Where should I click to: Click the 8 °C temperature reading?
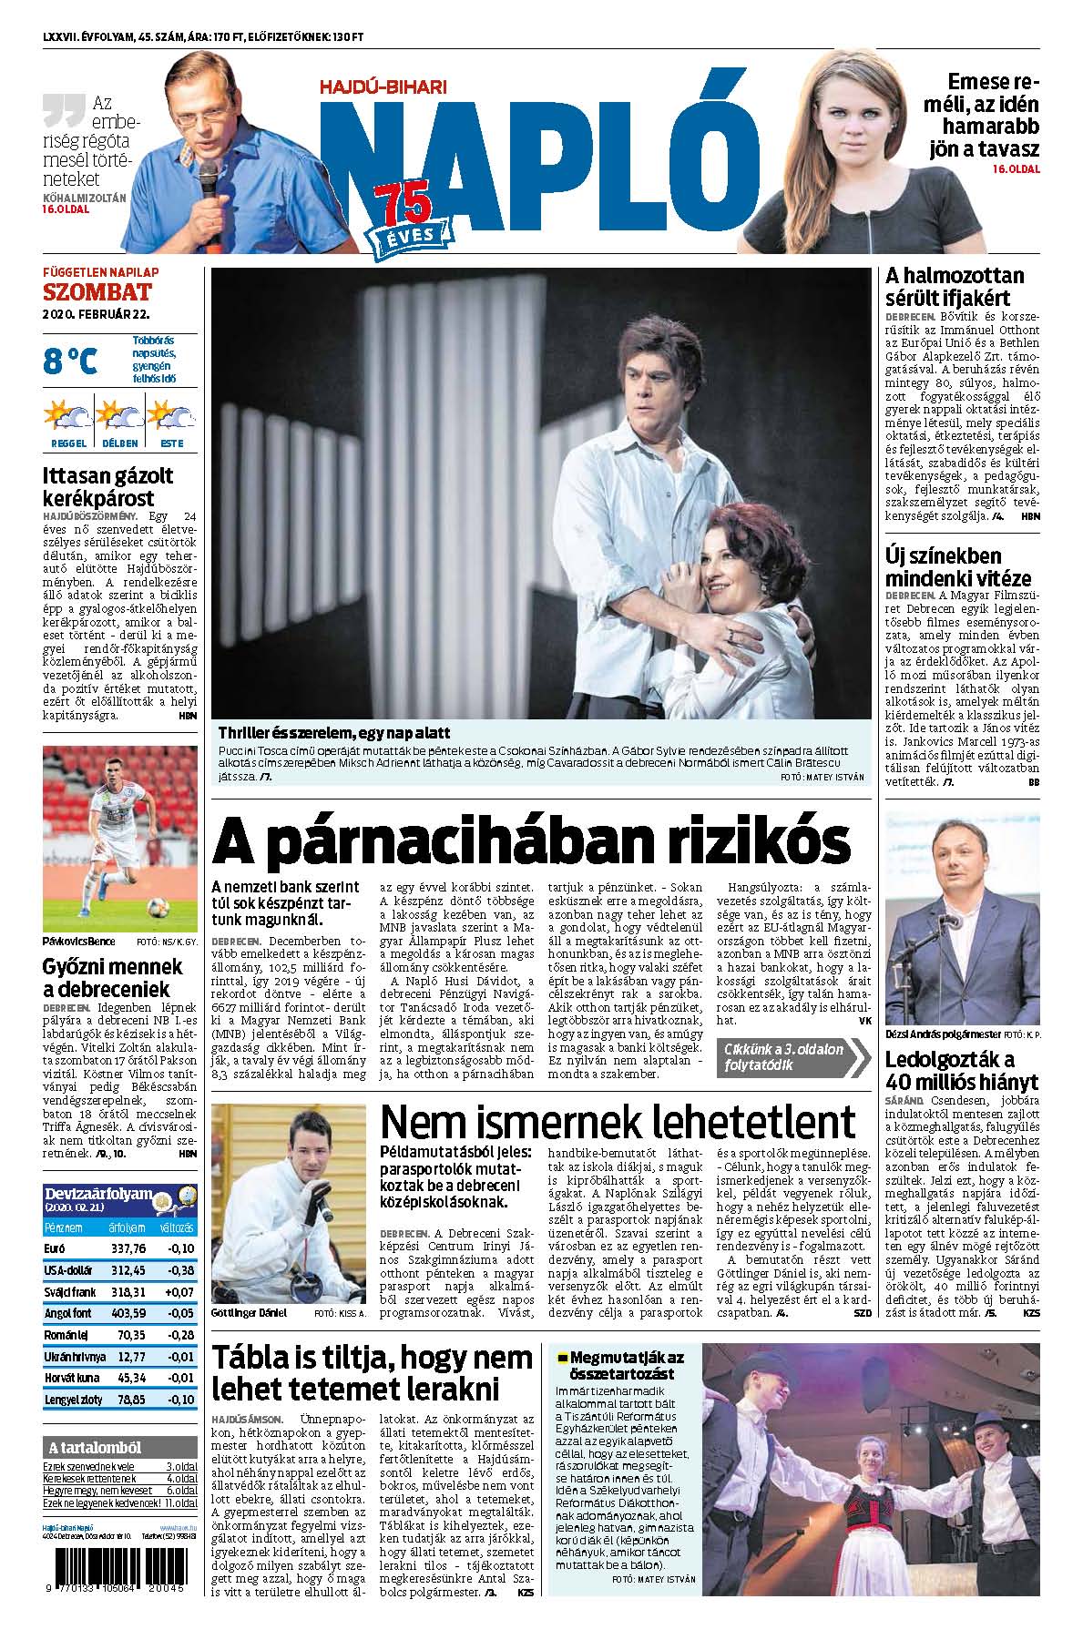point(69,362)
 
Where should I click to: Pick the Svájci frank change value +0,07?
point(179,1292)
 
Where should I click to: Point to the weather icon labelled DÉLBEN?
point(120,420)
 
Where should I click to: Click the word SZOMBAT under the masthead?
point(97,292)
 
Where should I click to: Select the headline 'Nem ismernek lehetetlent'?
point(618,1121)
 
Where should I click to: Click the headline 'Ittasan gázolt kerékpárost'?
point(107,486)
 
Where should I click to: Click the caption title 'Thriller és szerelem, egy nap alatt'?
point(333,732)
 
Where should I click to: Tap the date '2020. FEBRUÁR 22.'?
point(96,314)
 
